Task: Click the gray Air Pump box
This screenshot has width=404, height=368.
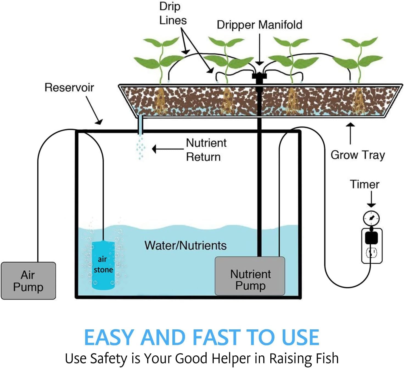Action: pos(28,281)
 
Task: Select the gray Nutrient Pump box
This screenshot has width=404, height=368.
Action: pos(250,276)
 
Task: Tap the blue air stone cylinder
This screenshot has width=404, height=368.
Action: pos(103,265)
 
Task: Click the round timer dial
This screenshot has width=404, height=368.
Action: pos(371,218)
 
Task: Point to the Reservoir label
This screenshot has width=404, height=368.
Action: pos(69,88)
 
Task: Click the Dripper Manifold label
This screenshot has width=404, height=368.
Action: pos(259,25)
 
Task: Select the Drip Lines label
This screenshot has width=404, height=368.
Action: pos(173,14)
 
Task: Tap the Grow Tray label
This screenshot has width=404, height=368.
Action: pos(358,155)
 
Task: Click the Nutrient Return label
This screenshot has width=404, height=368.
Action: pos(206,150)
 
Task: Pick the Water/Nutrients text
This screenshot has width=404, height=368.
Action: pos(186,246)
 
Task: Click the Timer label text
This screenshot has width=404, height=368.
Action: pos(364,184)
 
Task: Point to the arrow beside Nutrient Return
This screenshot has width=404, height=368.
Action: pos(167,149)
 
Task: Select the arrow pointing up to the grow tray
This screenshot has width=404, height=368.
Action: pos(350,133)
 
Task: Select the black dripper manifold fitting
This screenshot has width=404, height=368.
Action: pos(258,77)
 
